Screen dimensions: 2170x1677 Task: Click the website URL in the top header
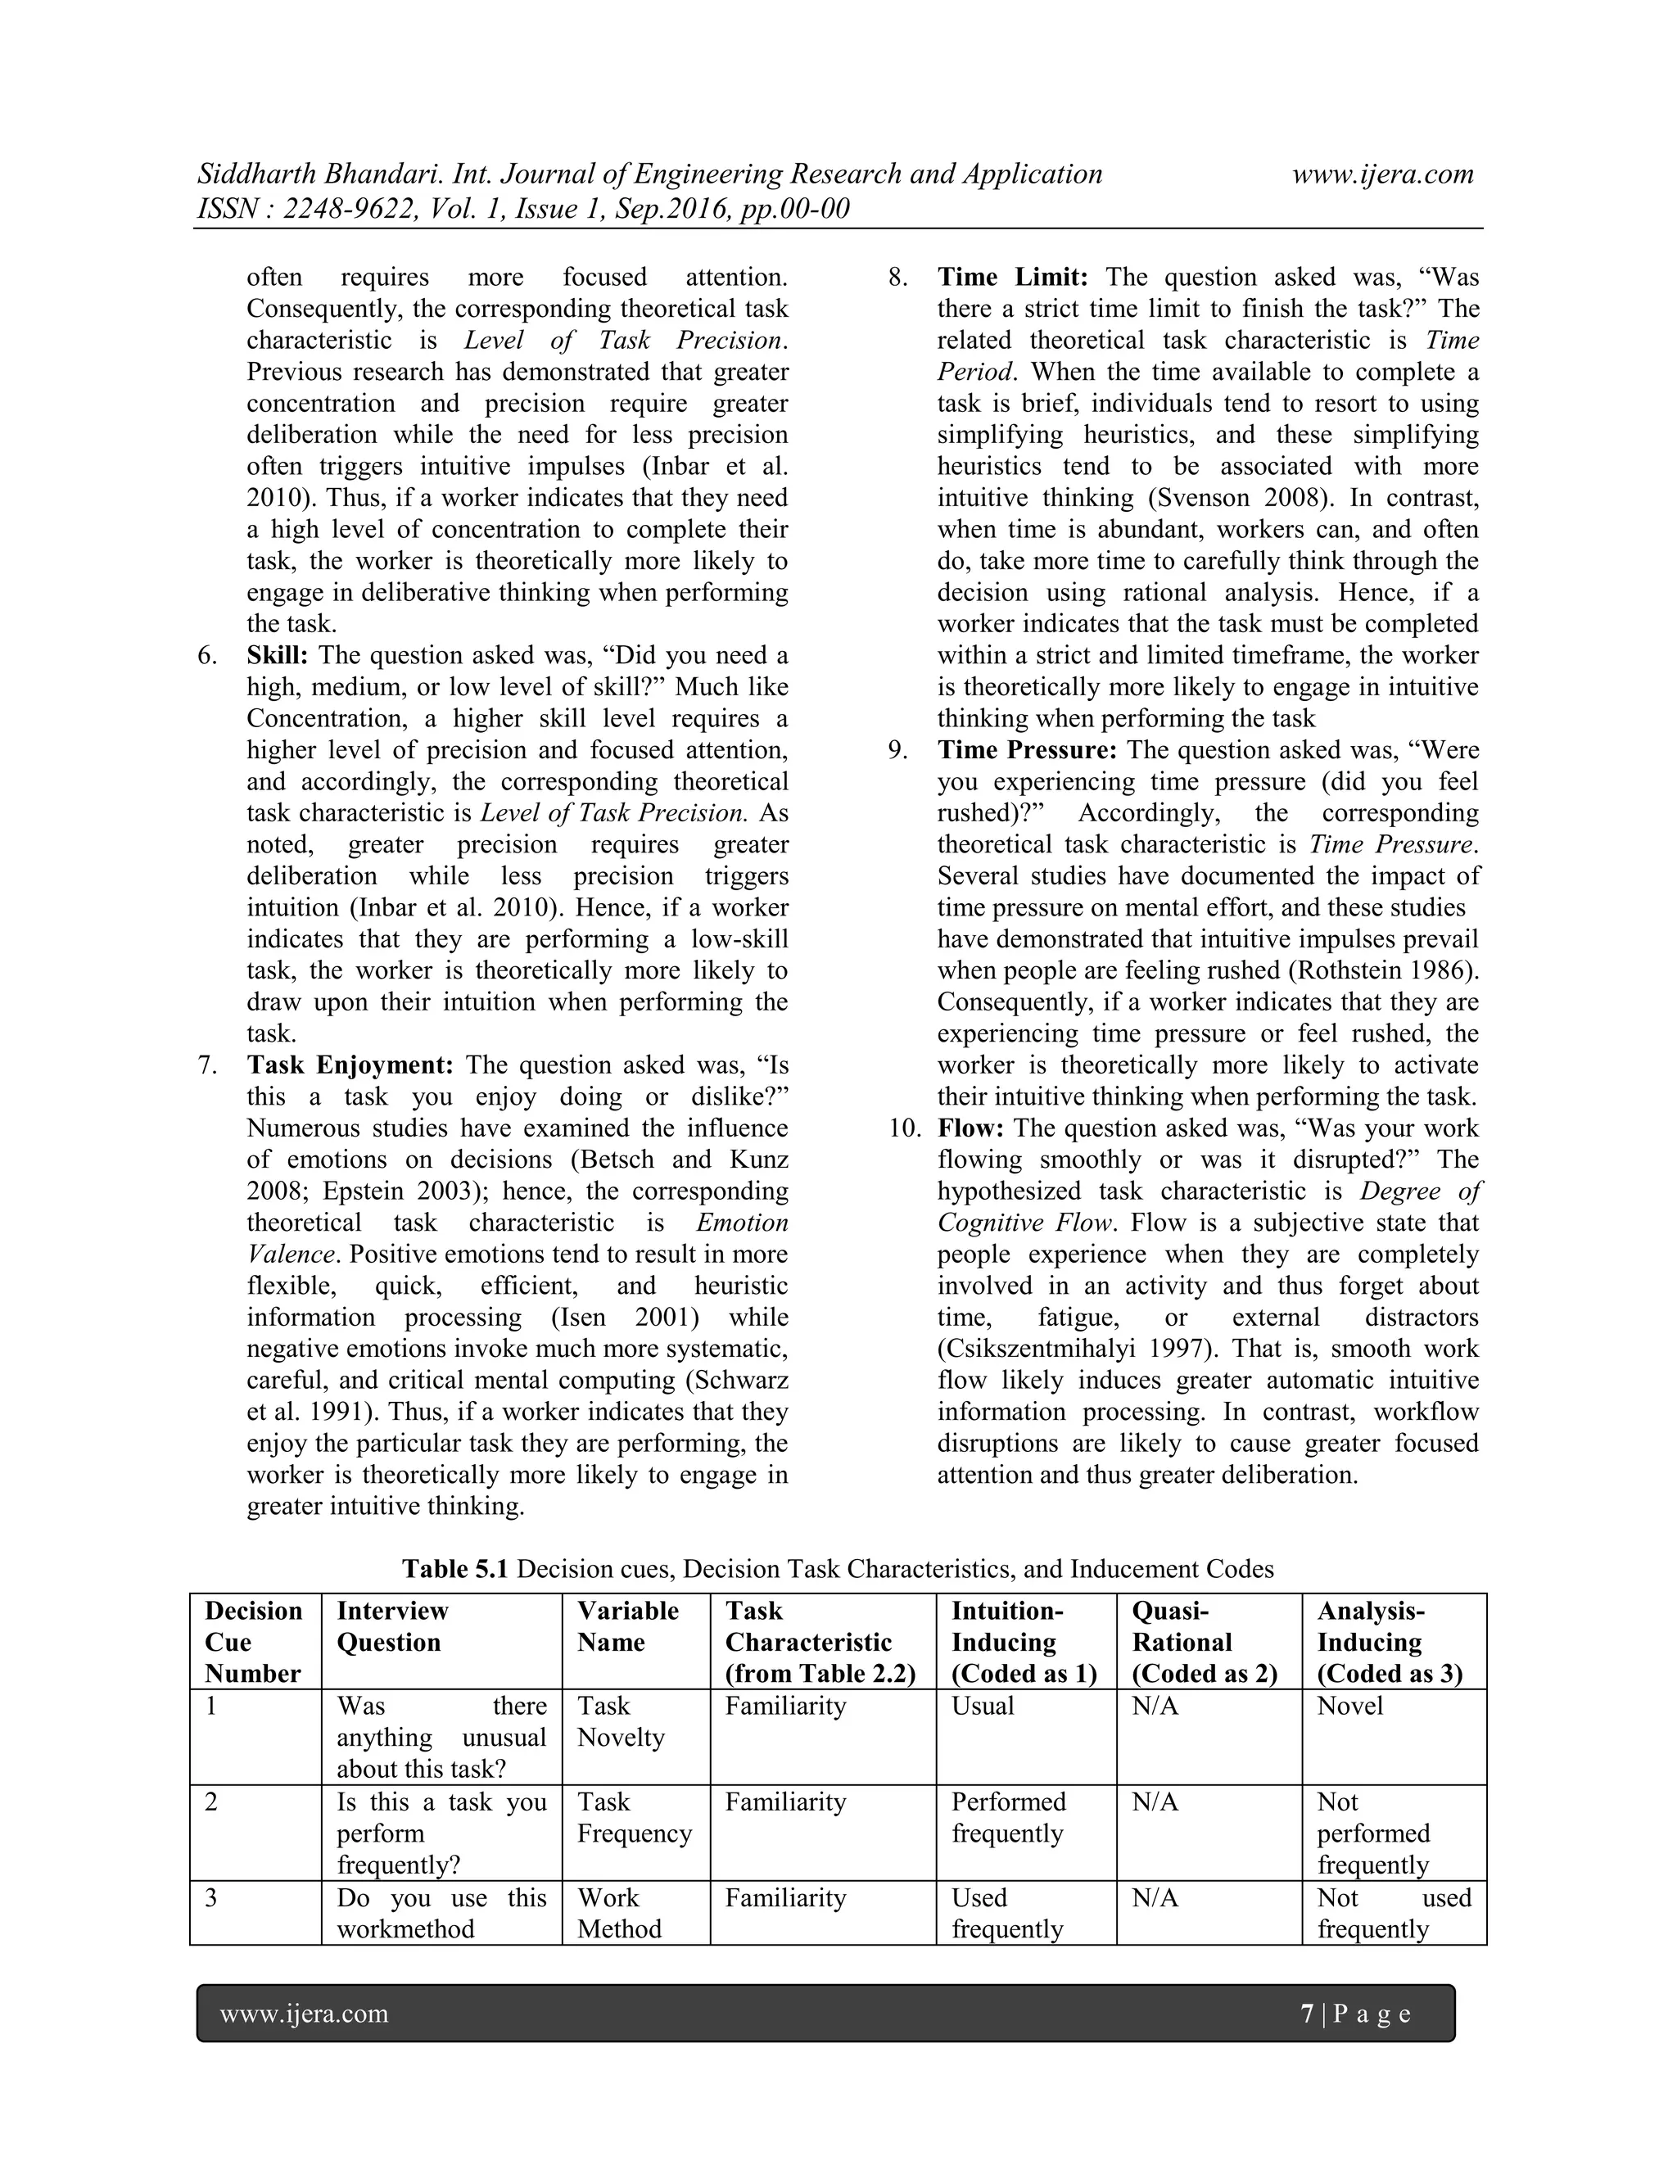(x=1382, y=175)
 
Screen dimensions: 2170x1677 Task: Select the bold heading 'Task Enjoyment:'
(x=350, y=1065)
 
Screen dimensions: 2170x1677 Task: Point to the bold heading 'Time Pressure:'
(x=1028, y=750)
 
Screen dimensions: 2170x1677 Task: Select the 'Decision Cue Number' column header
(x=253, y=1643)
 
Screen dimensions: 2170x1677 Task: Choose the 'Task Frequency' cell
(x=634, y=1817)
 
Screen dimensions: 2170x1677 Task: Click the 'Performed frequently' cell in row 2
(x=1008, y=1817)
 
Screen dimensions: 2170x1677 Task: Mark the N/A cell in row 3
(x=1155, y=1898)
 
